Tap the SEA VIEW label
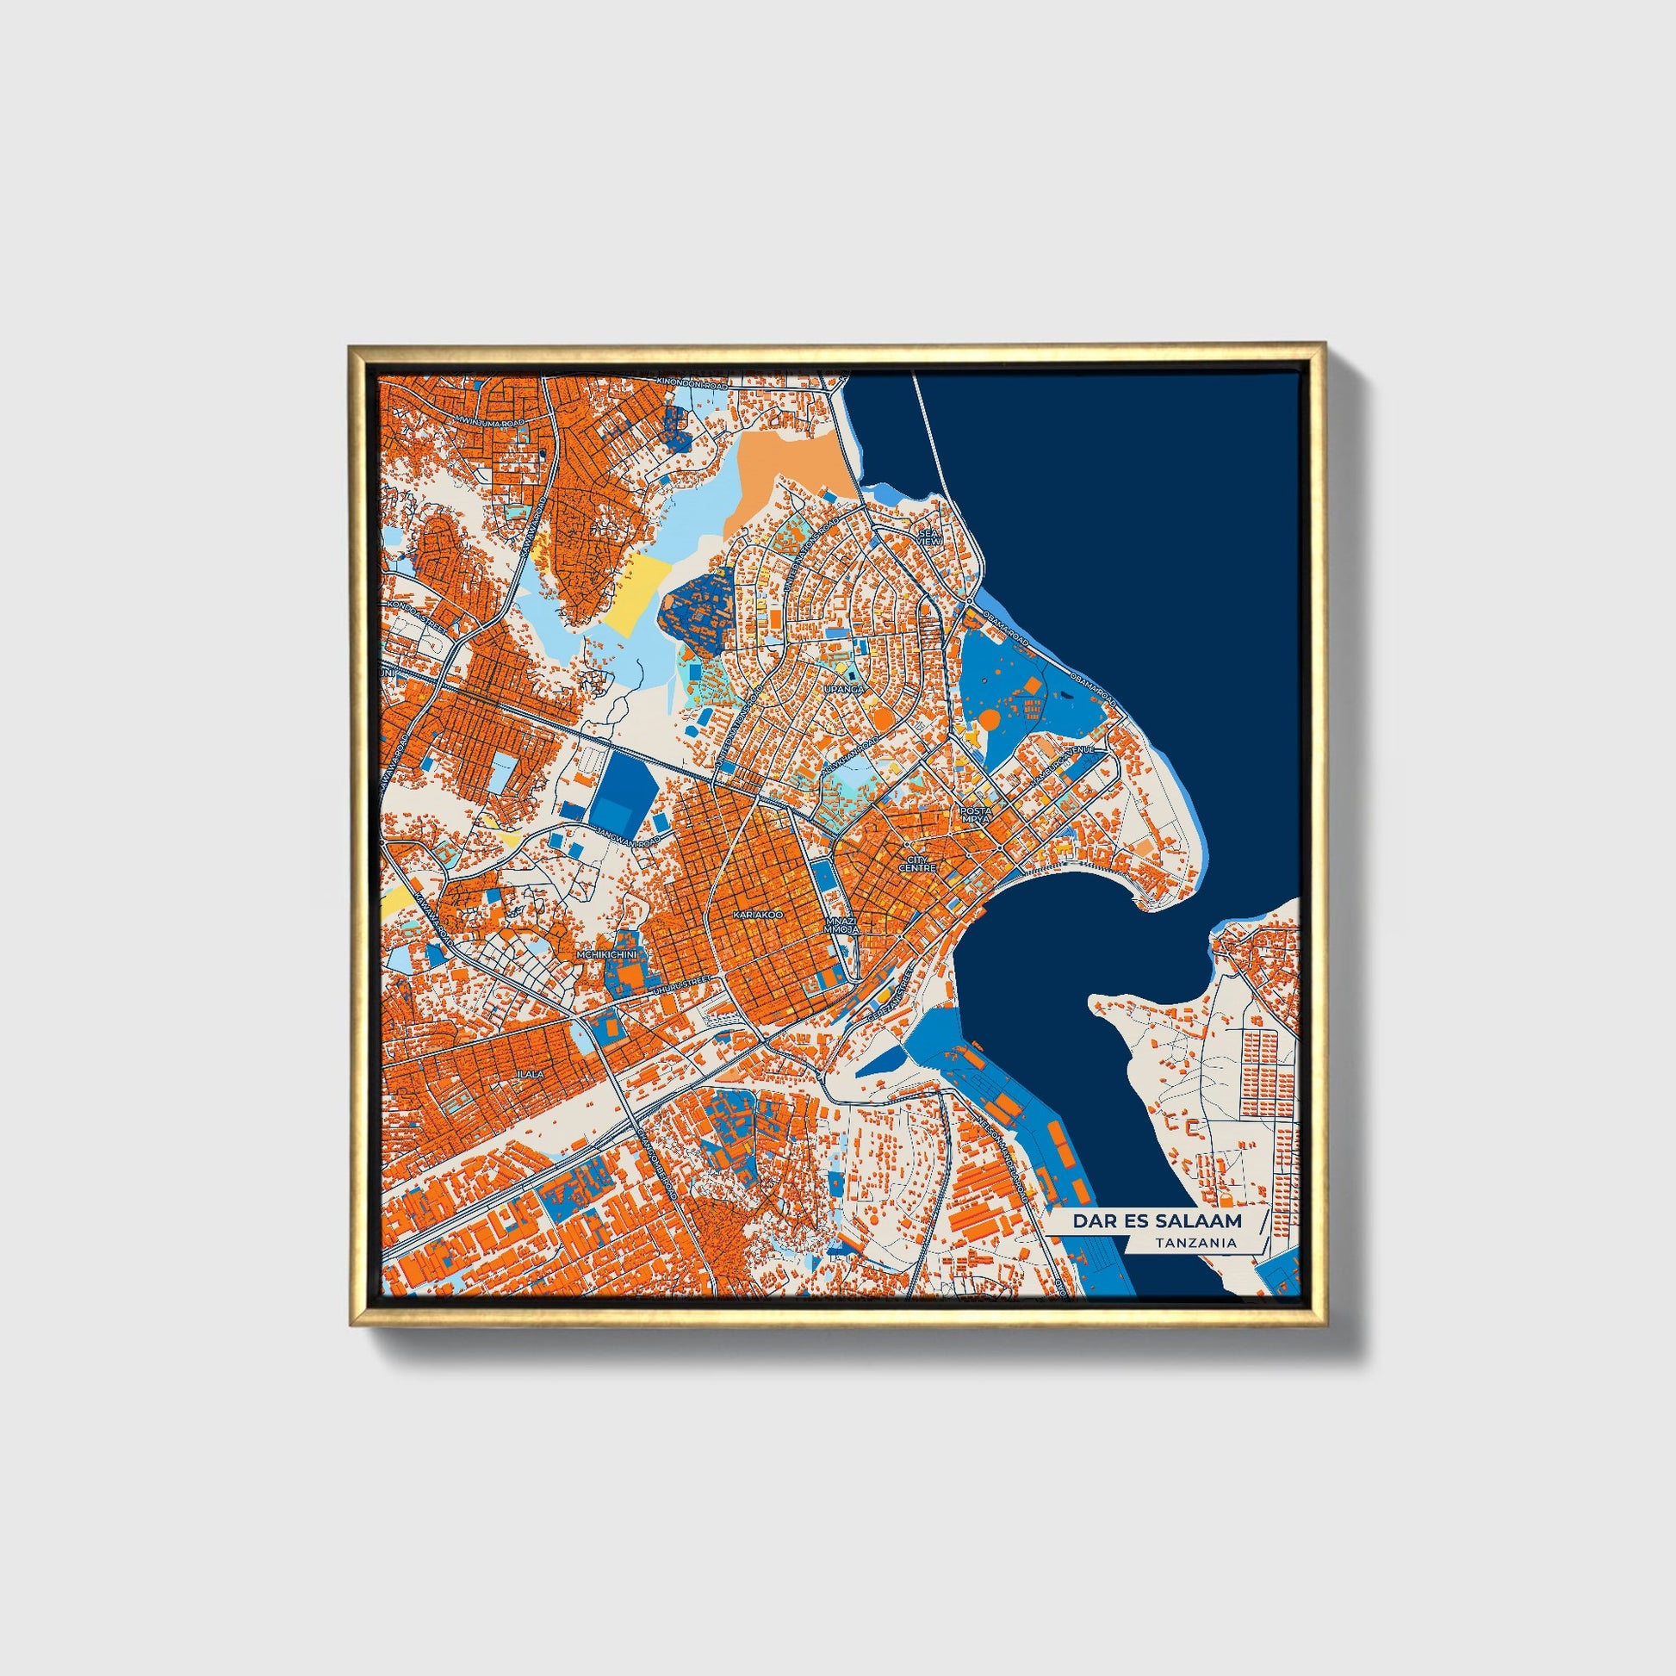pos(930,537)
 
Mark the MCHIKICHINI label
pos(607,955)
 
